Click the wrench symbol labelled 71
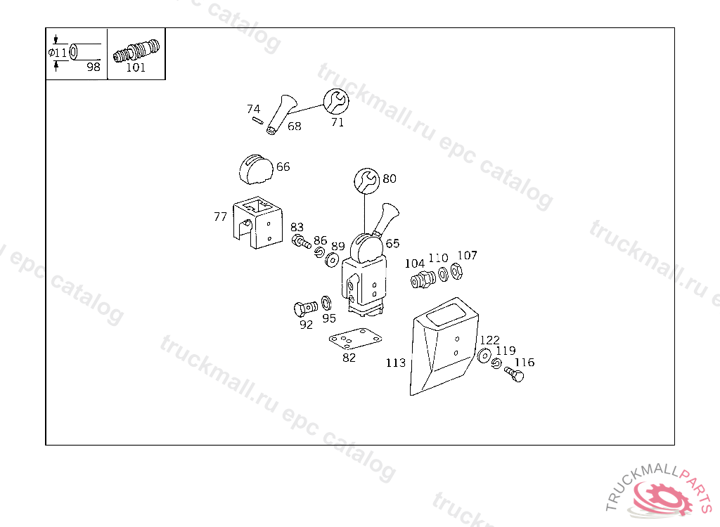[x=336, y=101]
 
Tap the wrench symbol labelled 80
[x=367, y=181]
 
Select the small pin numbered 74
[x=257, y=120]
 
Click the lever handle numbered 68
[x=281, y=115]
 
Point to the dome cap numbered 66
[x=256, y=170]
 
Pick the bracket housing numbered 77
[x=257, y=222]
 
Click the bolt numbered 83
[x=301, y=241]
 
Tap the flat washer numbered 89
[x=332, y=260]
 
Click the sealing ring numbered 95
[x=326, y=304]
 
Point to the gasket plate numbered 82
[x=355, y=339]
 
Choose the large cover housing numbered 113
[x=444, y=346]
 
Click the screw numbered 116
[x=514, y=374]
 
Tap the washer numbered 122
[x=484, y=356]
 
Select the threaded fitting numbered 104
[x=423, y=280]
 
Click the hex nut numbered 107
[x=456, y=271]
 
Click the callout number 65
[x=392, y=243]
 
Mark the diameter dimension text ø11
[x=58, y=53]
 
